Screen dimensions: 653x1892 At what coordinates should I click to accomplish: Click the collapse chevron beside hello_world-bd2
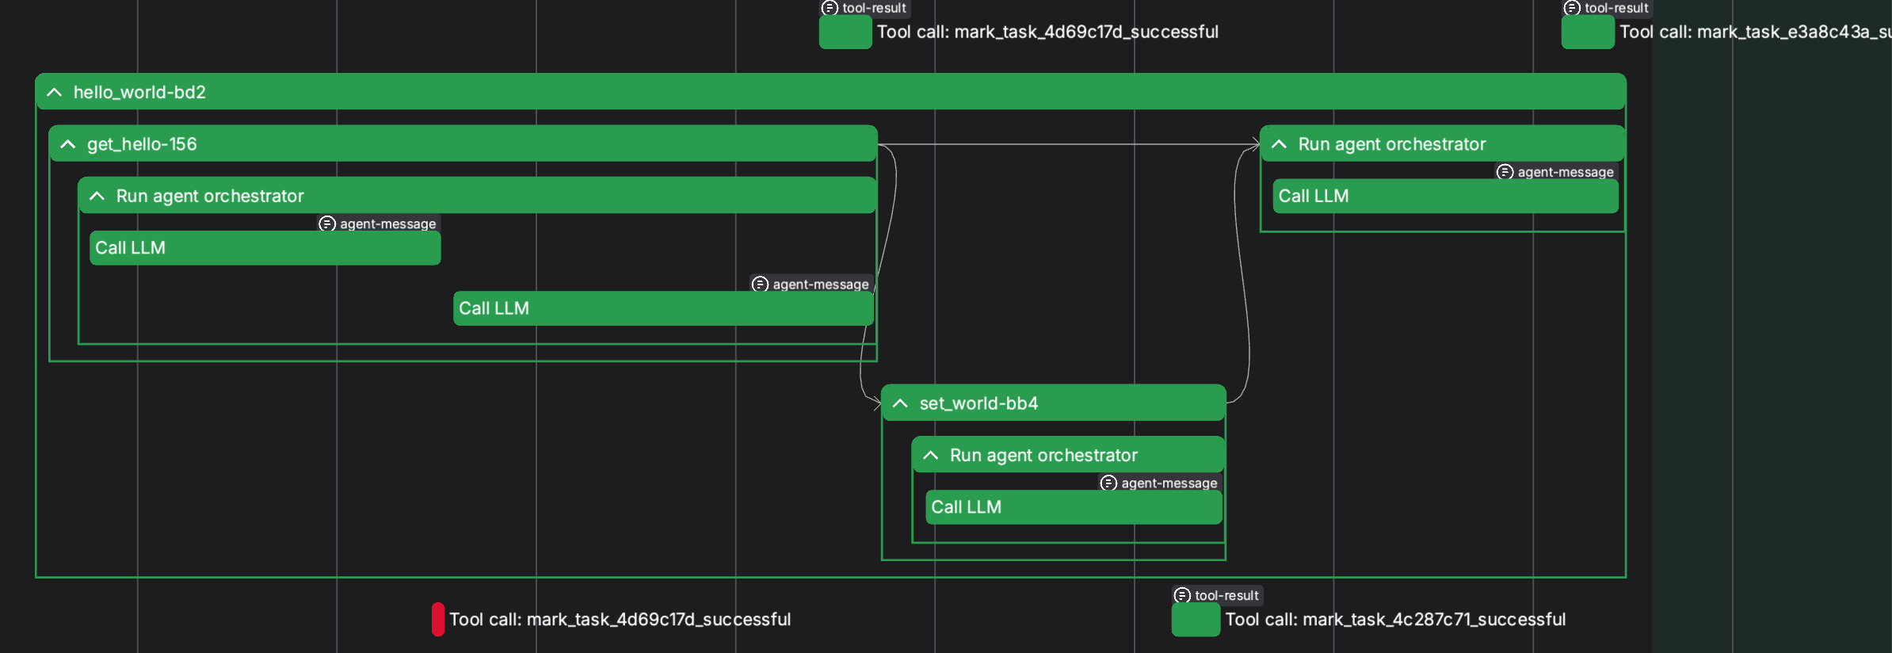coord(54,93)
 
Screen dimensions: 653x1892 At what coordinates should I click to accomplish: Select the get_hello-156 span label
coord(142,144)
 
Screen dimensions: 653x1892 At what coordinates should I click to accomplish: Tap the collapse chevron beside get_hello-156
coord(68,144)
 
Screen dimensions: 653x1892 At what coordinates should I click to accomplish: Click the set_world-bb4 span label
coord(978,403)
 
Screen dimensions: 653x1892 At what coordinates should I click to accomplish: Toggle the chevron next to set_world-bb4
coord(900,403)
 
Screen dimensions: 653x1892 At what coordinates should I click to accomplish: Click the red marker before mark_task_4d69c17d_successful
coord(438,620)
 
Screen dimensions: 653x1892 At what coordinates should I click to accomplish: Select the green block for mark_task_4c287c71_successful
coord(1196,620)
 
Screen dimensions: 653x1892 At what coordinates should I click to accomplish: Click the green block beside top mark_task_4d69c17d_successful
coord(845,32)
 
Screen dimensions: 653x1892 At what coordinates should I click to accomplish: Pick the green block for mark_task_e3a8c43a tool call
coord(1588,32)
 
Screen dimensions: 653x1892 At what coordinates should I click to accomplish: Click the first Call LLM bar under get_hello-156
coord(265,248)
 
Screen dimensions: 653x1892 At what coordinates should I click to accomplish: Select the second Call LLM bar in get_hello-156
coord(663,308)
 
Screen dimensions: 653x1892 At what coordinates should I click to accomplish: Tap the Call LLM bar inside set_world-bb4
coord(1074,507)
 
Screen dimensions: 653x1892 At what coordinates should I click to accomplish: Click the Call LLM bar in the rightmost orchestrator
coord(1445,196)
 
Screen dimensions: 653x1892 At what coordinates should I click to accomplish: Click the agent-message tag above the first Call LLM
coord(379,224)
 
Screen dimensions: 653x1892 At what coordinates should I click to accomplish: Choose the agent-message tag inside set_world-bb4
coord(1160,483)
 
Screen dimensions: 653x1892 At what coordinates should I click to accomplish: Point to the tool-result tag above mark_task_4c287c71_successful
coord(1218,595)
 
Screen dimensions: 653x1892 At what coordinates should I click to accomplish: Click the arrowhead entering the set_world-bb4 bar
coord(877,403)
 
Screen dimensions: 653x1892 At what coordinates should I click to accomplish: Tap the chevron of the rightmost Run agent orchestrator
coord(1279,144)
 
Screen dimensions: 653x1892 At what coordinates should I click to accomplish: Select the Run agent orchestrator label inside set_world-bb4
coord(1043,456)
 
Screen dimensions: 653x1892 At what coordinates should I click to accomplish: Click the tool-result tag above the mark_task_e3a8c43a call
coord(1608,8)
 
